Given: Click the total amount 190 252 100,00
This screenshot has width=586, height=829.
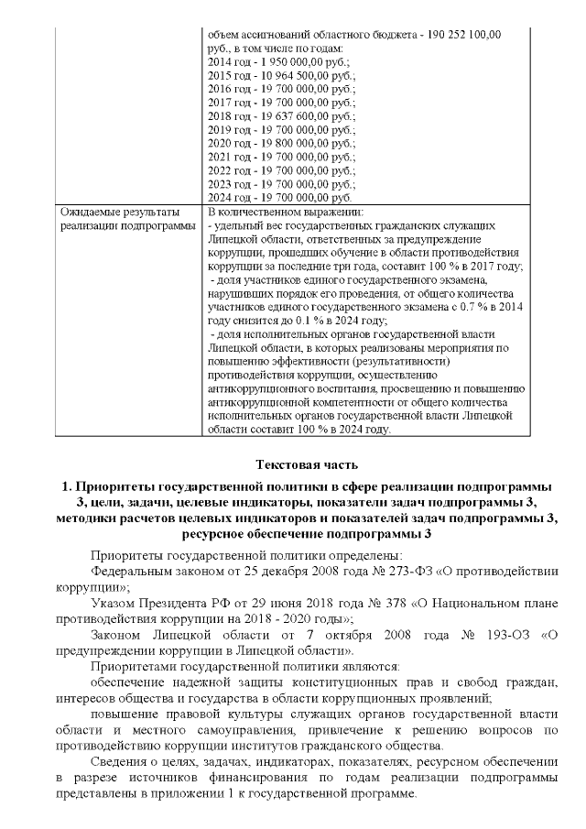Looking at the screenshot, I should click(455, 34).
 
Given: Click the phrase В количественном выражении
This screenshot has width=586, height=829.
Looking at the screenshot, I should click(274, 213).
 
